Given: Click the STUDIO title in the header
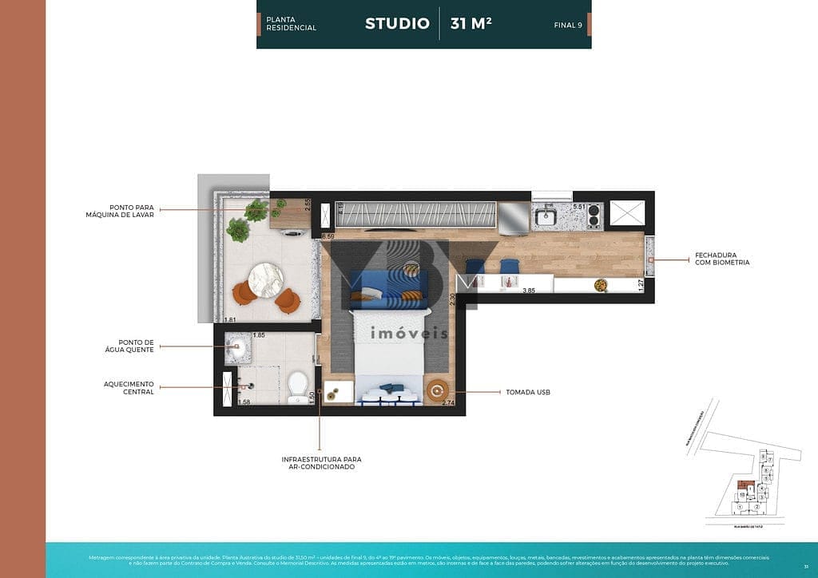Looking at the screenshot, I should [397, 23].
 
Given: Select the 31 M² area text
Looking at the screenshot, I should [471, 23].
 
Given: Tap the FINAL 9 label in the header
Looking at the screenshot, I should [568, 25].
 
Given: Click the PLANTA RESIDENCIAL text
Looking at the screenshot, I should [292, 23].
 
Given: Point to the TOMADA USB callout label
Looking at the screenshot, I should [527, 392].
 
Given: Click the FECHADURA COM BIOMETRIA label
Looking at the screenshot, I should [722, 258].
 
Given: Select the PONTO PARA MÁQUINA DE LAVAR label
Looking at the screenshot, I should [120, 210].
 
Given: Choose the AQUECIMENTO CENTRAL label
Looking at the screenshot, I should [129, 388].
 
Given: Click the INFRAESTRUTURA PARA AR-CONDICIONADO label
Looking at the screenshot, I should [321, 463].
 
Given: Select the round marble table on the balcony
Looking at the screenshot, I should [266, 280].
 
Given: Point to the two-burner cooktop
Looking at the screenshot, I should [593, 216].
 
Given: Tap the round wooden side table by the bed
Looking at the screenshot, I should [437, 390].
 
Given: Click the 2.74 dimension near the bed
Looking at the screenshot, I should [447, 404].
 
